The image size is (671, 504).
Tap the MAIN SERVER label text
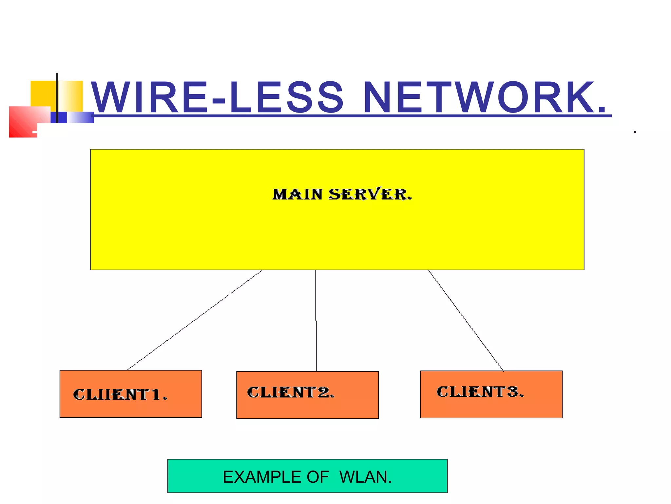(x=342, y=194)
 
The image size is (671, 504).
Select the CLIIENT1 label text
(x=120, y=394)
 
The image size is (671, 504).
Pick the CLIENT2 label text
(x=291, y=392)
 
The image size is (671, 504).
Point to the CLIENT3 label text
(x=480, y=392)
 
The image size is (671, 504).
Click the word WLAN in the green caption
(x=365, y=477)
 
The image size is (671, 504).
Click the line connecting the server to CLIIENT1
(x=195, y=320)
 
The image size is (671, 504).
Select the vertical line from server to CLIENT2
(x=316, y=320)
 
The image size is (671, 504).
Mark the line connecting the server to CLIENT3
(x=466, y=320)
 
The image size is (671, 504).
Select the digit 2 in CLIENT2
(x=324, y=392)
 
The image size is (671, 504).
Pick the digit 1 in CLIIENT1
(x=156, y=394)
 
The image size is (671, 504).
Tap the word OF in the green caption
(x=317, y=477)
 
